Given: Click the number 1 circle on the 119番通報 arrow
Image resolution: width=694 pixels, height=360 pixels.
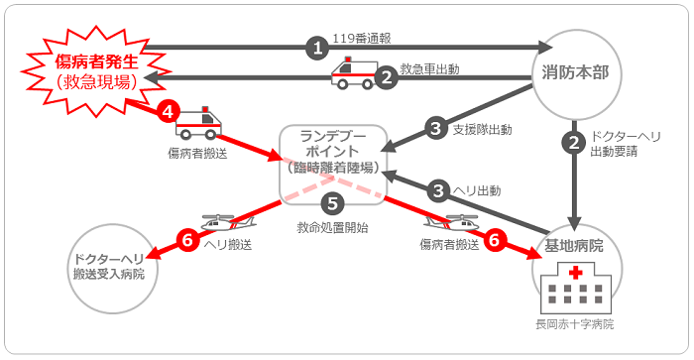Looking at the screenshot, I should point(317,47).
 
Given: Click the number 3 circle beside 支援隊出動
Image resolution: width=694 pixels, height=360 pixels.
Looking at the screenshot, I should point(436,128).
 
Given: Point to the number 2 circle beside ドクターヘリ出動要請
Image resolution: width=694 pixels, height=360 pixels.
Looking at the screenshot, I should point(573,143).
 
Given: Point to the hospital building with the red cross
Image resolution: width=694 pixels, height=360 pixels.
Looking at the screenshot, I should point(577,288).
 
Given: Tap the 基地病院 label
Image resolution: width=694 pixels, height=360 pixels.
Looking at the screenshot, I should point(574,244).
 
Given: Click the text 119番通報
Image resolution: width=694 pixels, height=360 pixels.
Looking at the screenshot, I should point(364,39).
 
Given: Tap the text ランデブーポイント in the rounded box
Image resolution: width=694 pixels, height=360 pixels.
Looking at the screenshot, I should point(332,143).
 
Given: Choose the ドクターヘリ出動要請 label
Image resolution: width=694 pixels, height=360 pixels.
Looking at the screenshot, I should point(626,144).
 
